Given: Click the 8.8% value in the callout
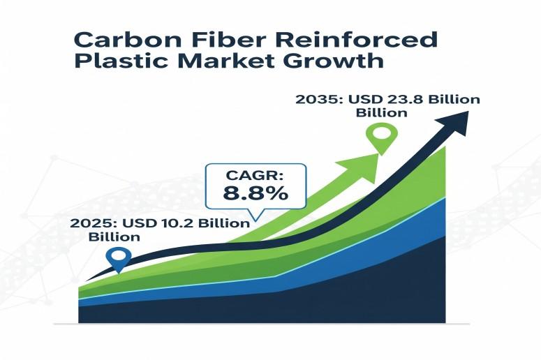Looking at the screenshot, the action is click(255, 193).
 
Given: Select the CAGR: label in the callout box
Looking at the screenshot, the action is click(255, 175).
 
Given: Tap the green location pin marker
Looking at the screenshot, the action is click(382, 140).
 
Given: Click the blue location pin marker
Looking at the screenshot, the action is click(119, 260).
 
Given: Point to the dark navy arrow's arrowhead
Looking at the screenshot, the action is click(454, 122).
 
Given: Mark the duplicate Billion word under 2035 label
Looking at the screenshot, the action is click(382, 113).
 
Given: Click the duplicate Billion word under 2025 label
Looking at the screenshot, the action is click(114, 237).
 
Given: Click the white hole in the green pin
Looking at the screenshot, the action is click(382, 133).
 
